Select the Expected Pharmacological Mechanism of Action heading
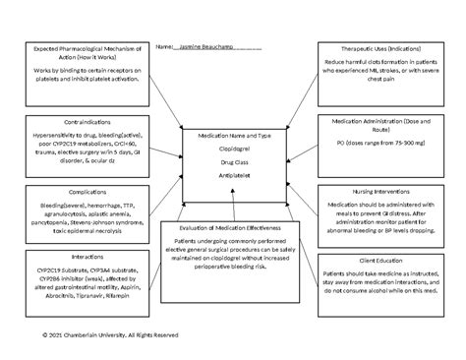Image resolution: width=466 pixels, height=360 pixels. [x=75, y=52]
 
